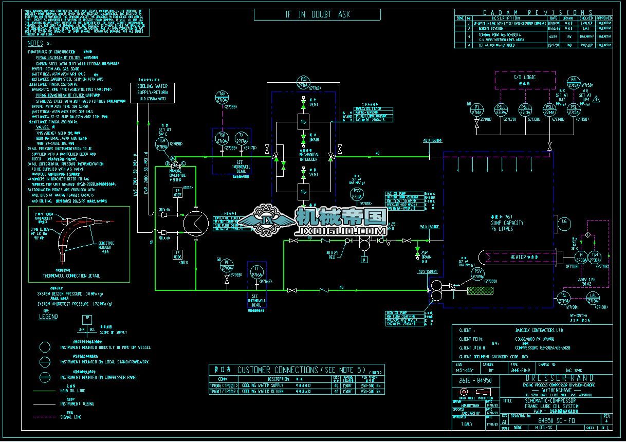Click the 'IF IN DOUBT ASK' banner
pyautogui.click(x=317, y=15)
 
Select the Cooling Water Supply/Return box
pyautogui.click(x=152, y=92)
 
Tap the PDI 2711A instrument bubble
pyautogui.click(x=303, y=82)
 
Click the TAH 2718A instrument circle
pyautogui.click(x=223, y=97)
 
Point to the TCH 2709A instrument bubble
pyautogui.click(x=162, y=144)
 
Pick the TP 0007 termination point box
pyautogui.click(x=177, y=194)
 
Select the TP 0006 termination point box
pyautogui.click(x=177, y=254)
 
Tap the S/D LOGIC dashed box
pyautogui.click(x=524, y=80)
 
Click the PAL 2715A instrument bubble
pyautogui.click(x=575, y=82)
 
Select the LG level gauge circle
pyautogui.click(x=564, y=222)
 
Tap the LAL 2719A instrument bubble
pyautogui.click(x=594, y=298)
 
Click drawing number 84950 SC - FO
pyautogui.click(x=553, y=420)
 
